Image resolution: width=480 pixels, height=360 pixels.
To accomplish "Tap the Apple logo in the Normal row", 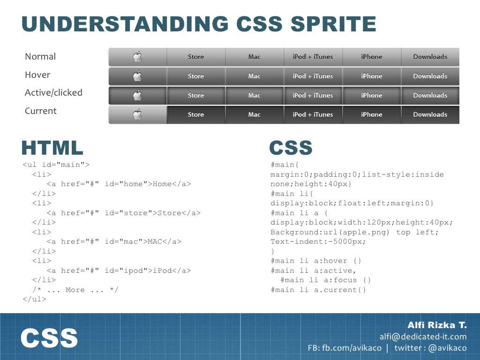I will click(x=137, y=57).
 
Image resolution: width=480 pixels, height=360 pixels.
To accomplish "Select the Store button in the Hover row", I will click(x=195, y=76).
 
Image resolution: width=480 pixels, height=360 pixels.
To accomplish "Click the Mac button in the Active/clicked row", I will click(x=254, y=95).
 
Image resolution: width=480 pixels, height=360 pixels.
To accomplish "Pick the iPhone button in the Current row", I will click(x=371, y=114).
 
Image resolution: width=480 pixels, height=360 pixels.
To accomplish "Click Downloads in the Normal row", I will click(x=430, y=57).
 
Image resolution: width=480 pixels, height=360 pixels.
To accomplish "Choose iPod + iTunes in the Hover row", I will click(x=313, y=76).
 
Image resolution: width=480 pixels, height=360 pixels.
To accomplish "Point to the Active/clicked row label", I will click(x=53, y=93).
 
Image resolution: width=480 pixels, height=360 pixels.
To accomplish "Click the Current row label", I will click(x=41, y=111).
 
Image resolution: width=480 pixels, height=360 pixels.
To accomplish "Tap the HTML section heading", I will click(x=52, y=148).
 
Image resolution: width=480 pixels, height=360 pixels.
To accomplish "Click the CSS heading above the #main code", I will click(x=291, y=148).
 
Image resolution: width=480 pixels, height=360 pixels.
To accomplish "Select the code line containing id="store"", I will click(x=123, y=213).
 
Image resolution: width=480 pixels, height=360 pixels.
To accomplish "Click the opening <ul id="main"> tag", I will click(x=56, y=165).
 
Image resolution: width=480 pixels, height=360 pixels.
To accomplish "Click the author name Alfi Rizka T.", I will click(x=437, y=325).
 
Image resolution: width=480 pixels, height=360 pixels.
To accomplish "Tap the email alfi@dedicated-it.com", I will click(x=423, y=337).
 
